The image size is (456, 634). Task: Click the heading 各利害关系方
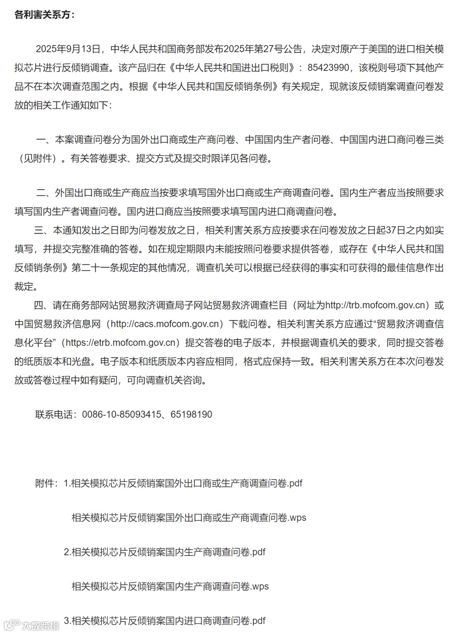(x=44, y=14)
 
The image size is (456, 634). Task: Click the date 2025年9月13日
(x=68, y=49)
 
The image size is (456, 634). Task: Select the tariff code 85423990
(x=328, y=68)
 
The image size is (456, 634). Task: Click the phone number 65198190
(x=191, y=414)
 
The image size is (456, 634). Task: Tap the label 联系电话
(x=54, y=414)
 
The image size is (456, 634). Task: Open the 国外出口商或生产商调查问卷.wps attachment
(x=189, y=517)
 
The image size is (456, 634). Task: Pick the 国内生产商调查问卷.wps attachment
(x=170, y=586)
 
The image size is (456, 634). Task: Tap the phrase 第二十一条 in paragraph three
(x=92, y=268)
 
